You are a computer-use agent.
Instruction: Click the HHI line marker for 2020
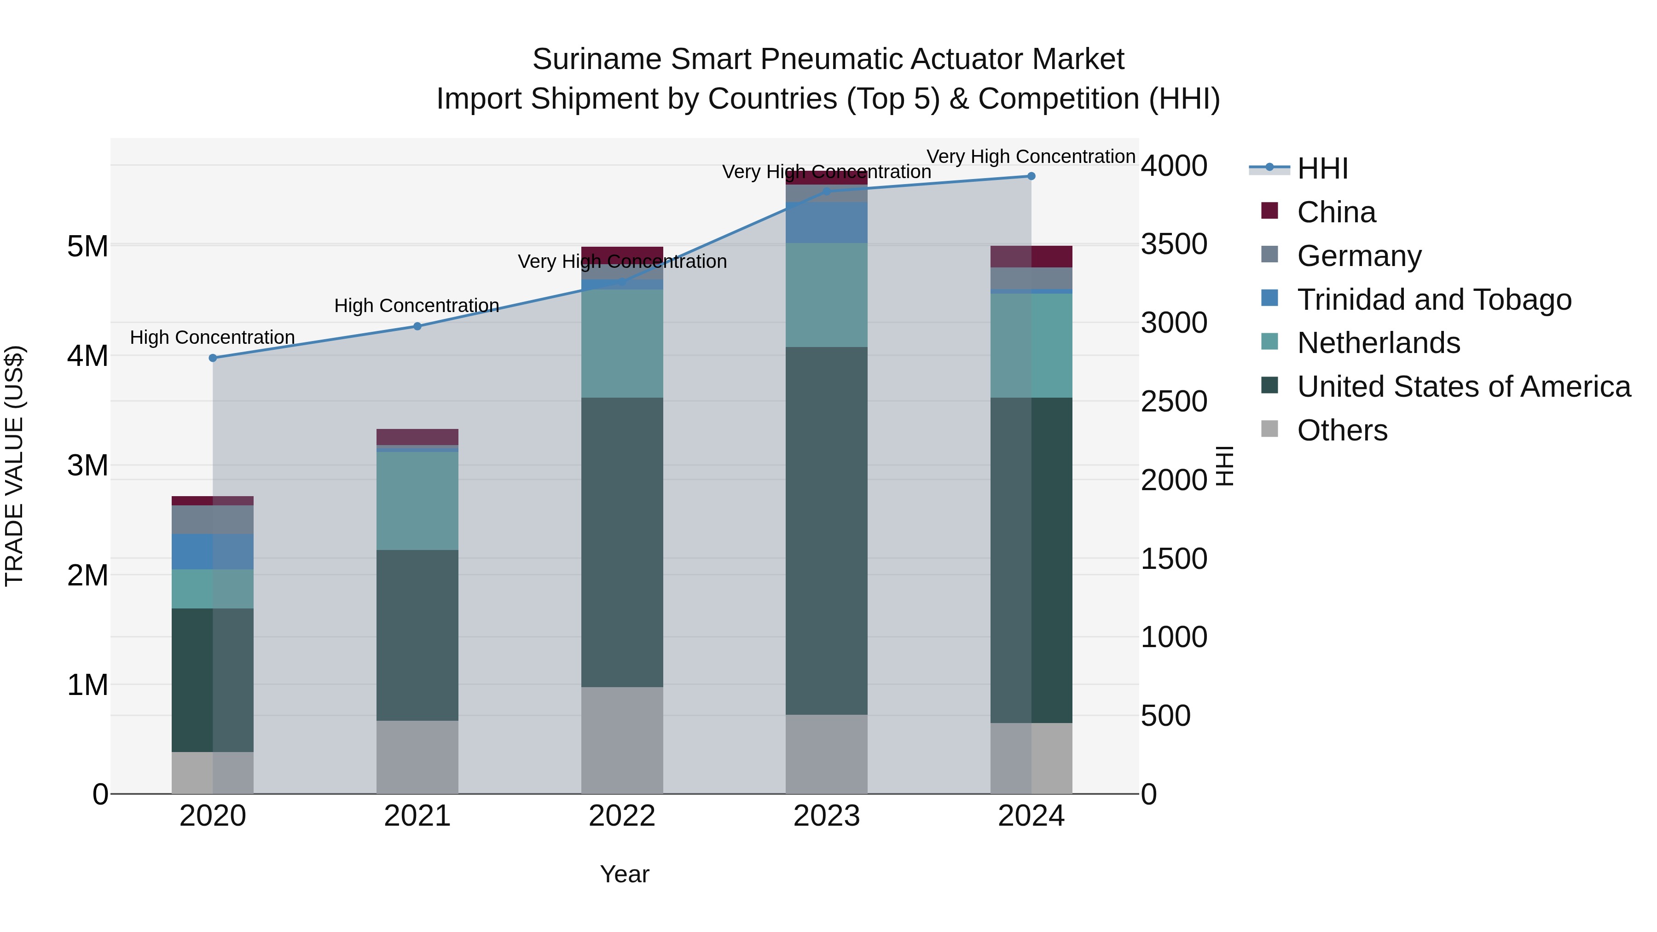[x=213, y=358]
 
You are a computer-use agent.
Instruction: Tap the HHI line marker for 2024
[x=1031, y=176]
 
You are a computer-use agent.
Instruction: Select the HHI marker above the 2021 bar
[x=417, y=326]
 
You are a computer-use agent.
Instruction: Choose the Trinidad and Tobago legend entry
[x=1434, y=300]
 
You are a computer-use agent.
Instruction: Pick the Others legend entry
[x=1342, y=430]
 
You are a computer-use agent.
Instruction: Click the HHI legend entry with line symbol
[x=1322, y=168]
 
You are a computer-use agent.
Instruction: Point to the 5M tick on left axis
[x=87, y=246]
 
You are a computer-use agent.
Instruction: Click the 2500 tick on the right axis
[x=1174, y=402]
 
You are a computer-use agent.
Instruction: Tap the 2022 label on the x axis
[x=622, y=816]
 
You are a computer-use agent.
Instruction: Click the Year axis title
[x=625, y=874]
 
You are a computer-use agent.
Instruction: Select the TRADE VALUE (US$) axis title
[x=14, y=466]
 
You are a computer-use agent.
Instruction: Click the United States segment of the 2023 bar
[x=827, y=531]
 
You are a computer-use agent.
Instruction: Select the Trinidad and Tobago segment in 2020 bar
[x=213, y=551]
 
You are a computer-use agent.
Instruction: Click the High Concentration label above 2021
[x=417, y=306]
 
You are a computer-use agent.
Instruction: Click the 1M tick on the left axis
[x=87, y=685]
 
